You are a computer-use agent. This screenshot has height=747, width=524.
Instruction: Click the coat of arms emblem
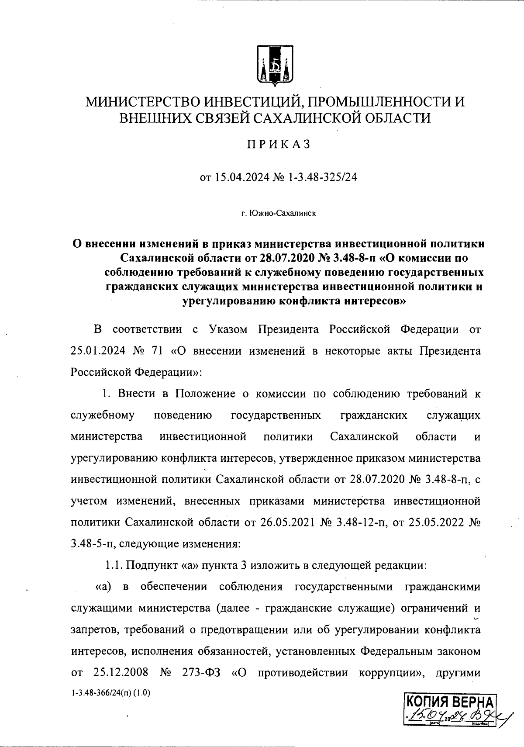coord(274,65)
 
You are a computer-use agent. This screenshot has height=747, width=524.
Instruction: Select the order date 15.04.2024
coord(242,178)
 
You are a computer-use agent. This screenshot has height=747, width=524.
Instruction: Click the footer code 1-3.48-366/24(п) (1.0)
coord(110,693)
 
